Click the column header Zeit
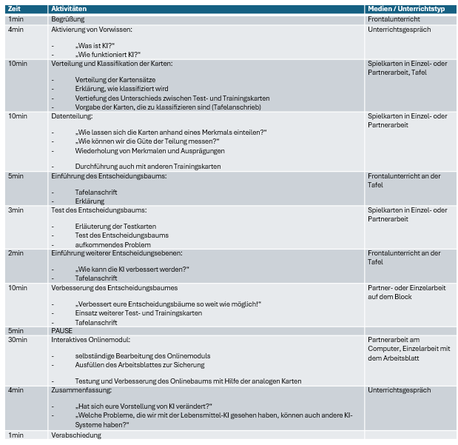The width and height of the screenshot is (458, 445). point(15,7)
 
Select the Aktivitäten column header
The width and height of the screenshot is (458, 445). point(70,7)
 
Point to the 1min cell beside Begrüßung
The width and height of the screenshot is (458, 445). point(16,19)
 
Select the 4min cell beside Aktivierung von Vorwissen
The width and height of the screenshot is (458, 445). point(16,30)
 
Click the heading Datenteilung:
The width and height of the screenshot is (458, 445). point(72,116)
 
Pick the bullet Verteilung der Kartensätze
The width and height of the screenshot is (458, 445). point(115,79)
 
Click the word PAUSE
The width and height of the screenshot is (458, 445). point(62,330)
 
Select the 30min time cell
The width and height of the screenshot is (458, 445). point(18,340)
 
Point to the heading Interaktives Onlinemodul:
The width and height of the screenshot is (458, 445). point(90,340)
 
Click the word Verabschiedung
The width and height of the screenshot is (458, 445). point(76,435)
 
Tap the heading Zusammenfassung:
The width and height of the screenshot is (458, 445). point(81,389)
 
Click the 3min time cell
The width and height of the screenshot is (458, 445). point(16,210)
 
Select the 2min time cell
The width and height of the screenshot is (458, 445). point(16,253)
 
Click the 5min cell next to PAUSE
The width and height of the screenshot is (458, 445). point(16,330)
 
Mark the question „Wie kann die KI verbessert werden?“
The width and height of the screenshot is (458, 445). point(132,270)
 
